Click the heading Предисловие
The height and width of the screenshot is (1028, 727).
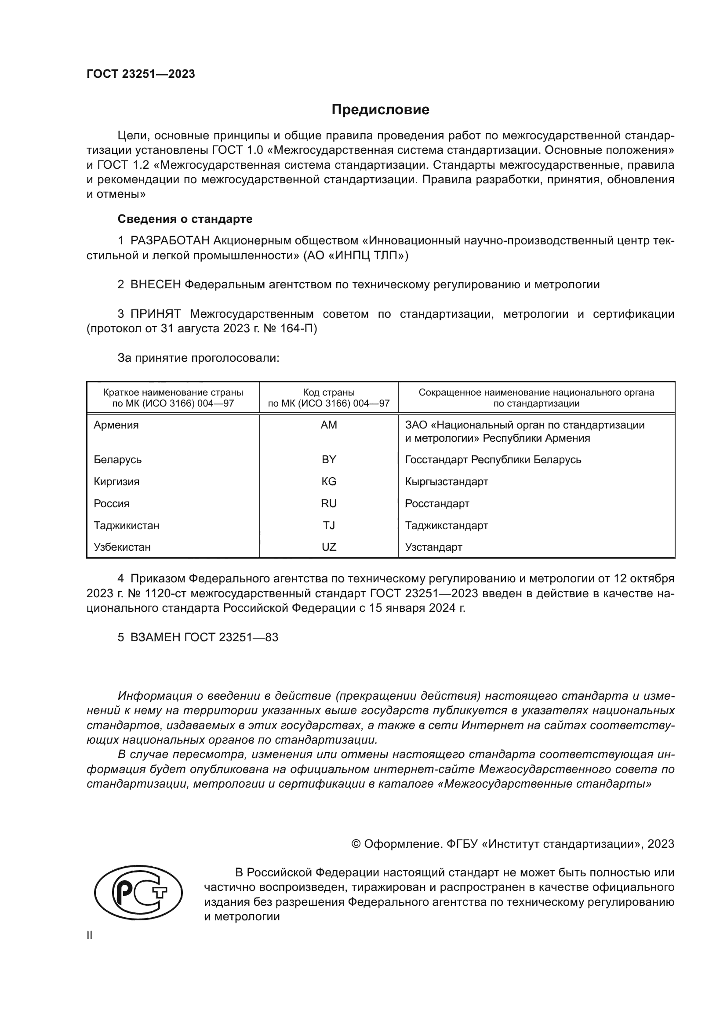click(x=380, y=110)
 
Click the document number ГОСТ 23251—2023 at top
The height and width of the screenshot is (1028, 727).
click(x=141, y=74)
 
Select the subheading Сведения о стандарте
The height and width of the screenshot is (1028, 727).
click(x=185, y=219)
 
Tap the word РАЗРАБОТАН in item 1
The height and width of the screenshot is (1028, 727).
click(x=170, y=241)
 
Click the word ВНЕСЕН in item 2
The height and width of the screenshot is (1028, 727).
click(x=155, y=284)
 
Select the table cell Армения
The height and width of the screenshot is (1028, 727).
click(x=116, y=425)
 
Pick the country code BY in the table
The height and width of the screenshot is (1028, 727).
click(x=329, y=460)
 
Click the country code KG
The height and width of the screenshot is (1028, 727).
click(x=329, y=482)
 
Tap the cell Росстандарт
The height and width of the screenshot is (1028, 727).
click(x=437, y=504)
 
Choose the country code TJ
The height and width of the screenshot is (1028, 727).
click(x=329, y=525)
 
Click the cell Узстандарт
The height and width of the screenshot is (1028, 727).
click(x=433, y=547)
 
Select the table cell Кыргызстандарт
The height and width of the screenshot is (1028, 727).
click(x=446, y=482)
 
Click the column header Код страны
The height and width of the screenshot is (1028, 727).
click(x=329, y=392)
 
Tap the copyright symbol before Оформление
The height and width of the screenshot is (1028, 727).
click(x=356, y=844)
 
